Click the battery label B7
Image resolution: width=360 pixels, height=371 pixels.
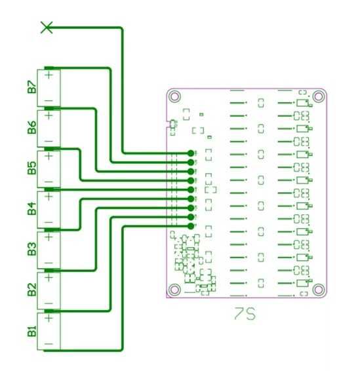tap(31, 87)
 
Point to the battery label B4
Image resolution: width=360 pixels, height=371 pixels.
tap(31, 209)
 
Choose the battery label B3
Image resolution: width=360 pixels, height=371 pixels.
tap(31, 250)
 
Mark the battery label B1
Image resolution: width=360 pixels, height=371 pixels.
tap(31, 331)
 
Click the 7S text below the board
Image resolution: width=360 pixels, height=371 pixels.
tap(245, 315)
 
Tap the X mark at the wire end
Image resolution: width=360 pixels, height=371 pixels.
tap(47, 27)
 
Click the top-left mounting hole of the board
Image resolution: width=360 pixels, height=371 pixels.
tap(174, 96)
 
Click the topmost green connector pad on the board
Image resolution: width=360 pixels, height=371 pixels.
tap(191, 153)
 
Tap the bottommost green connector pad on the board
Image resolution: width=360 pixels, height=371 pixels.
tap(191, 226)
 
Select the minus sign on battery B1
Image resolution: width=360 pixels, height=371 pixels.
tap(49, 343)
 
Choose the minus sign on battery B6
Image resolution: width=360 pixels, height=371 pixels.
tap(49, 140)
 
